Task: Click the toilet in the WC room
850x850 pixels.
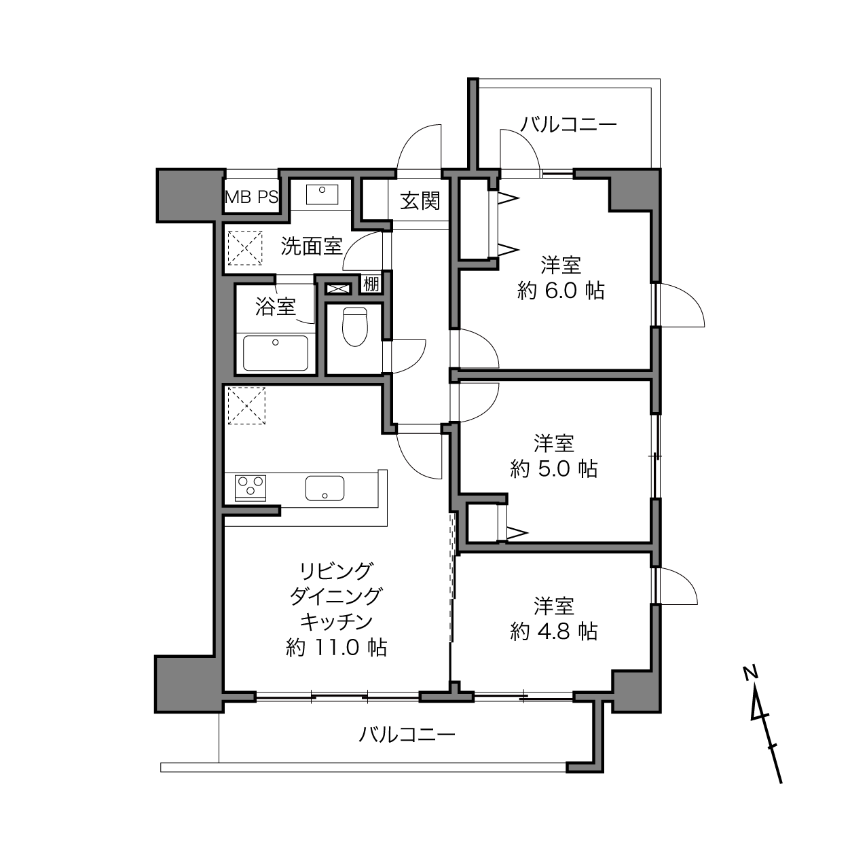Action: click(x=355, y=327)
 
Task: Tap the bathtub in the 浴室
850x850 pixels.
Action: click(x=276, y=353)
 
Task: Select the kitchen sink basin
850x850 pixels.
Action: click(x=325, y=488)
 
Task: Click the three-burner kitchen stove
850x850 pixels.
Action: click(x=251, y=488)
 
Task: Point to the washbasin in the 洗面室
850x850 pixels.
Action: click(x=322, y=195)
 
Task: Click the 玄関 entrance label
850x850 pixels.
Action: click(x=420, y=201)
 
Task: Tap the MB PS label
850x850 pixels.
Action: click(x=252, y=197)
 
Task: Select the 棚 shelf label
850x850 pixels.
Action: click(x=371, y=284)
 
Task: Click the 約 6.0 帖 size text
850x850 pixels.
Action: click(x=561, y=291)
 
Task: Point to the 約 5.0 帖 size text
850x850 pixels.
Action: click(x=554, y=469)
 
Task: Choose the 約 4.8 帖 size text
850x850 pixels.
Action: click(x=554, y=631)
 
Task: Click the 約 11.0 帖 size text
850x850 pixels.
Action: click(x=337, y=648)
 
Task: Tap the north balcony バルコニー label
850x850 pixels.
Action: click(x=569, y=125)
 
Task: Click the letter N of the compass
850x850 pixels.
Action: click(x=750, y=673)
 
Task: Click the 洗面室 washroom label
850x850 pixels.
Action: click(x=312, y=246)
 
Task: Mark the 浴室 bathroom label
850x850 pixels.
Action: click(x=276, y=306)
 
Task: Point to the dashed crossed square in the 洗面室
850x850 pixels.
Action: click(x=245, y=248)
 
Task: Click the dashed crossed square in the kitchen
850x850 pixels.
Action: click(x=246, y=406)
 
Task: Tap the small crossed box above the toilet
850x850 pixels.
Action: click(x=338, y=289)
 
